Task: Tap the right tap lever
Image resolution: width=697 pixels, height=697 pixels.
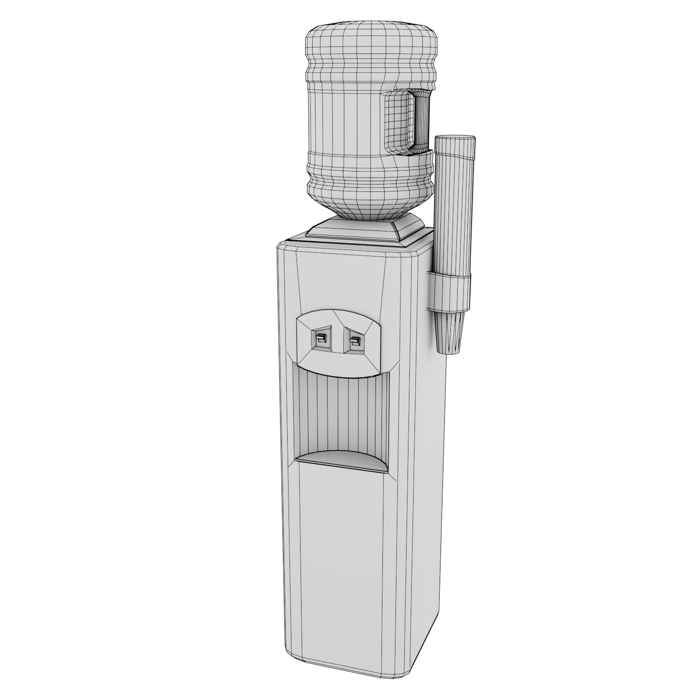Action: [356, 342]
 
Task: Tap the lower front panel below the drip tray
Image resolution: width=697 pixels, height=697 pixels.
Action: [342, 558]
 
